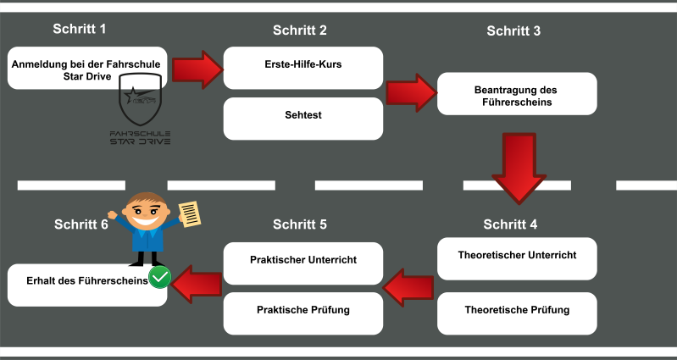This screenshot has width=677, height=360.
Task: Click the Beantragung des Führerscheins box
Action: [x=517, y=94]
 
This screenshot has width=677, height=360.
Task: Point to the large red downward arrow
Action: [x=519, y=165]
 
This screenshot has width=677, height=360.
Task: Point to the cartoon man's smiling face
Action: [x=147, y=211]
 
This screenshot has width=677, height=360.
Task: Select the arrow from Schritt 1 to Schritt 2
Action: [x=197, y=69]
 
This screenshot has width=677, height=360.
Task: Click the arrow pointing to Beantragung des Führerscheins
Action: [x=410, y=90]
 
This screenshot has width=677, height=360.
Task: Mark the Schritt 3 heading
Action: [x=513, y=31]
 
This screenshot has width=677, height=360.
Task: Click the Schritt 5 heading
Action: [x=300, y=224]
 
